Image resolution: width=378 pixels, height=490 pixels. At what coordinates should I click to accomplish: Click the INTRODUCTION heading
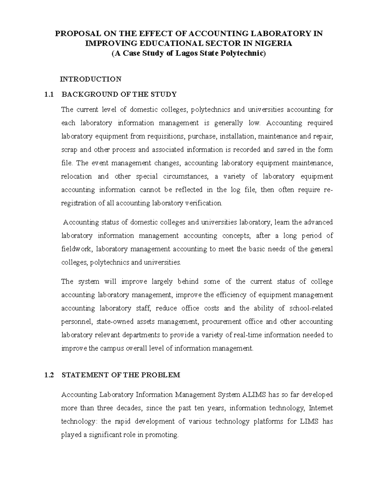91,79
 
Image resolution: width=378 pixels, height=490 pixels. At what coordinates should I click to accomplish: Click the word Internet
321,408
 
